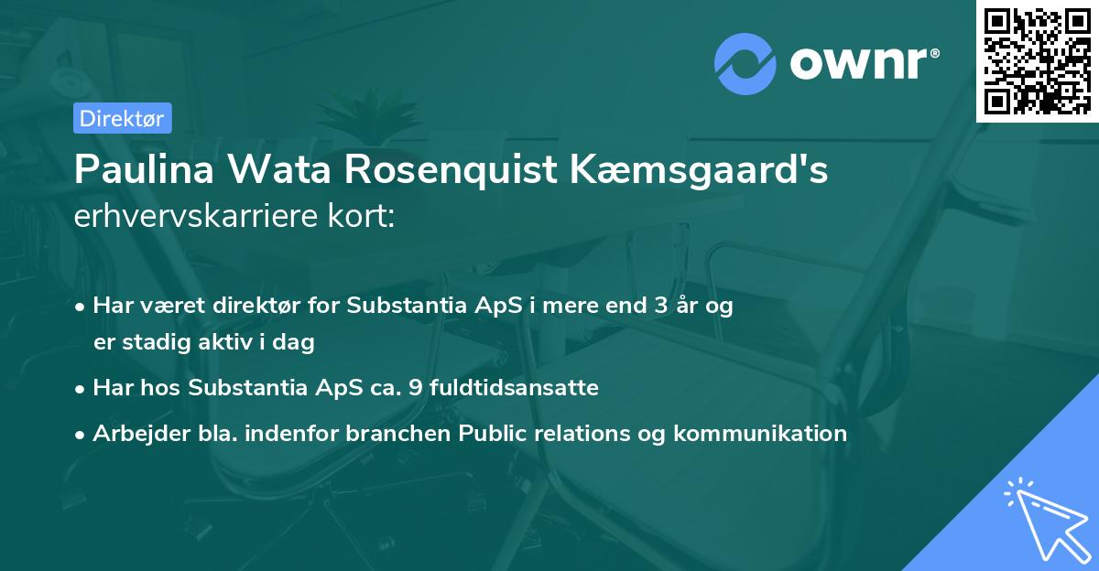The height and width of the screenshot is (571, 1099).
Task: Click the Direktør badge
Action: click(122, 118)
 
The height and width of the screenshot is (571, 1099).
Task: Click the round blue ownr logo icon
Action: click(745, 63)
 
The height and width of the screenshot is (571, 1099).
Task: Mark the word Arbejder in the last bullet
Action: click(135, 434)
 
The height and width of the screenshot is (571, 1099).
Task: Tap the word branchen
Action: click(386, 434)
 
